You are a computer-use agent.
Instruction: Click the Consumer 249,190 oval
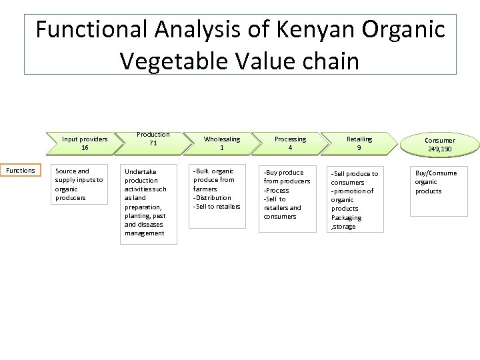[439, 145]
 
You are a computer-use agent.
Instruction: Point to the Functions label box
[21, 171]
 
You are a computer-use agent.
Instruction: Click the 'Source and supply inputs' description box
[79, 184]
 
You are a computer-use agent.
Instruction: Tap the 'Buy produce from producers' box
[287, 198]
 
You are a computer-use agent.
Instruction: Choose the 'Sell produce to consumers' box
[356, 199]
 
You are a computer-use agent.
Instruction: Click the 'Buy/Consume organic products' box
[435, 191]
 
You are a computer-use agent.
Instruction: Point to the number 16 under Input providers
[85, 148]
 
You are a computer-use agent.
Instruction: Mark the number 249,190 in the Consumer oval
[439, 149]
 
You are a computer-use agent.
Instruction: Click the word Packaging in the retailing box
[346, 217]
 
